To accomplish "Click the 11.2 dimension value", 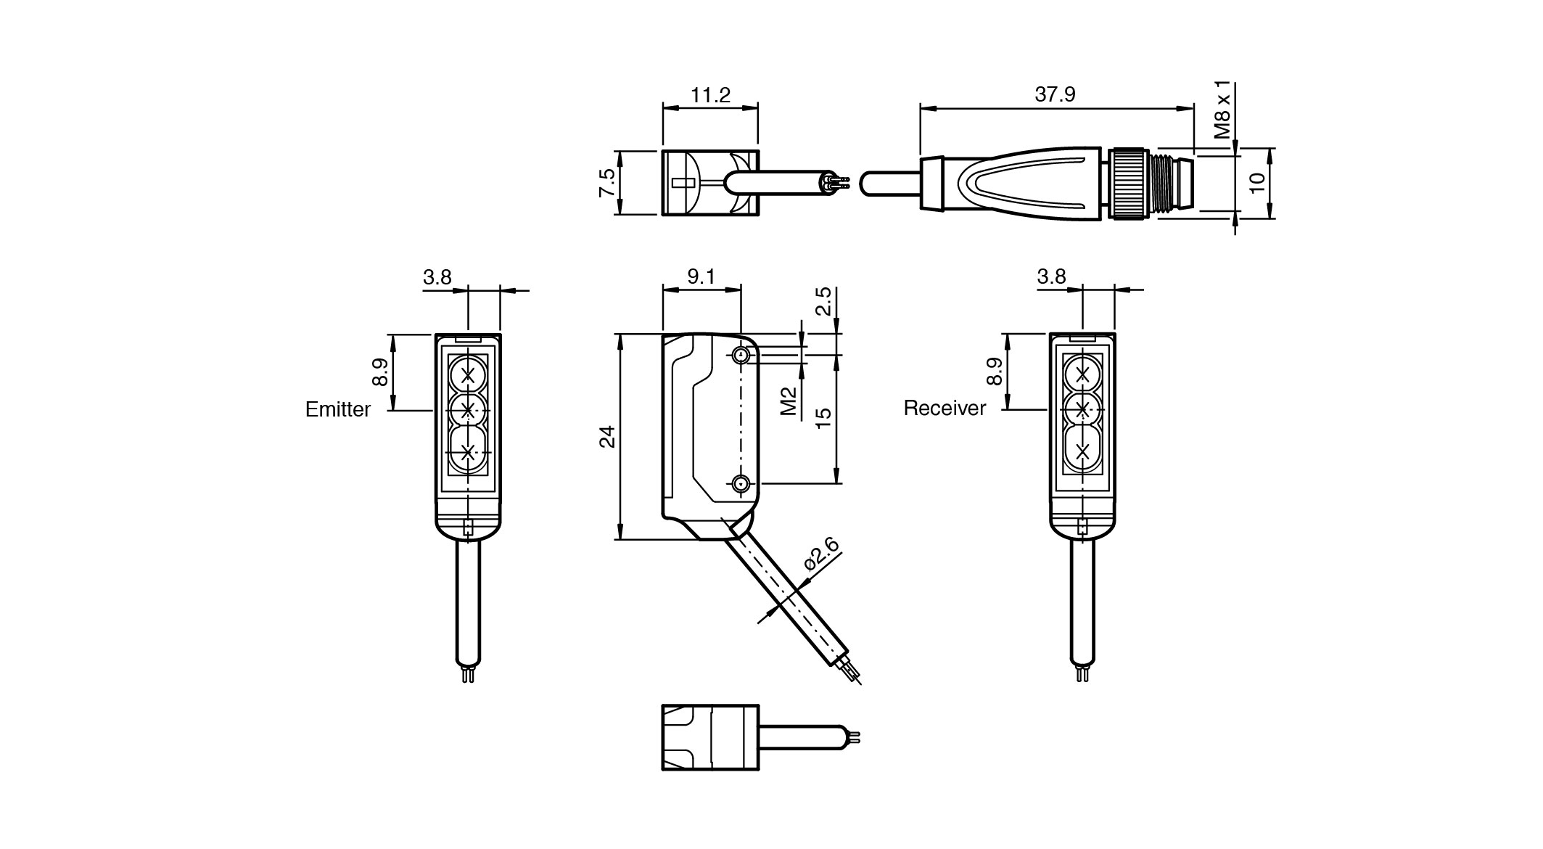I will [x=710, y=95].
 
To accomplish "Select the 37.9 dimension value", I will [x=1055, y=95].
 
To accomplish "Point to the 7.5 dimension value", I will [x=607, y=183].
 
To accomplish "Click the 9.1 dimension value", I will [x=701, y=276].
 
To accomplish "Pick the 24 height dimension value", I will [x=607, y=436].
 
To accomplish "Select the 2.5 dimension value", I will [x=823, y=300].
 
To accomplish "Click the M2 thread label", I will [x=789, y=401].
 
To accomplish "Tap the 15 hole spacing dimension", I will [x=823, y=418].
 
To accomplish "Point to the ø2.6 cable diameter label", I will [x=820, y=557].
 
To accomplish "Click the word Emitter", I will [x=337, y=410].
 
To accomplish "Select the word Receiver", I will [x=945, y=409].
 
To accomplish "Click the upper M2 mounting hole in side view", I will [x=741, y=355].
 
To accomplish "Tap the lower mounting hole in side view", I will [x=741, y=483].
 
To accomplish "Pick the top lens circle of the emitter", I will [x=468, y=375].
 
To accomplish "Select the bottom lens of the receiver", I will [x=1083, y=451].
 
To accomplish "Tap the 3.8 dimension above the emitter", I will [x=437, y=277].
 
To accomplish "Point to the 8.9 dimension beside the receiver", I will [x=994, y=372].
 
